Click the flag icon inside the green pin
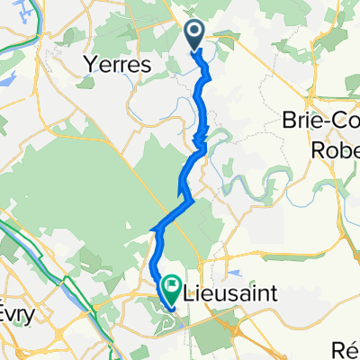[170, 284]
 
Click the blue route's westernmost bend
[155, 232]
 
